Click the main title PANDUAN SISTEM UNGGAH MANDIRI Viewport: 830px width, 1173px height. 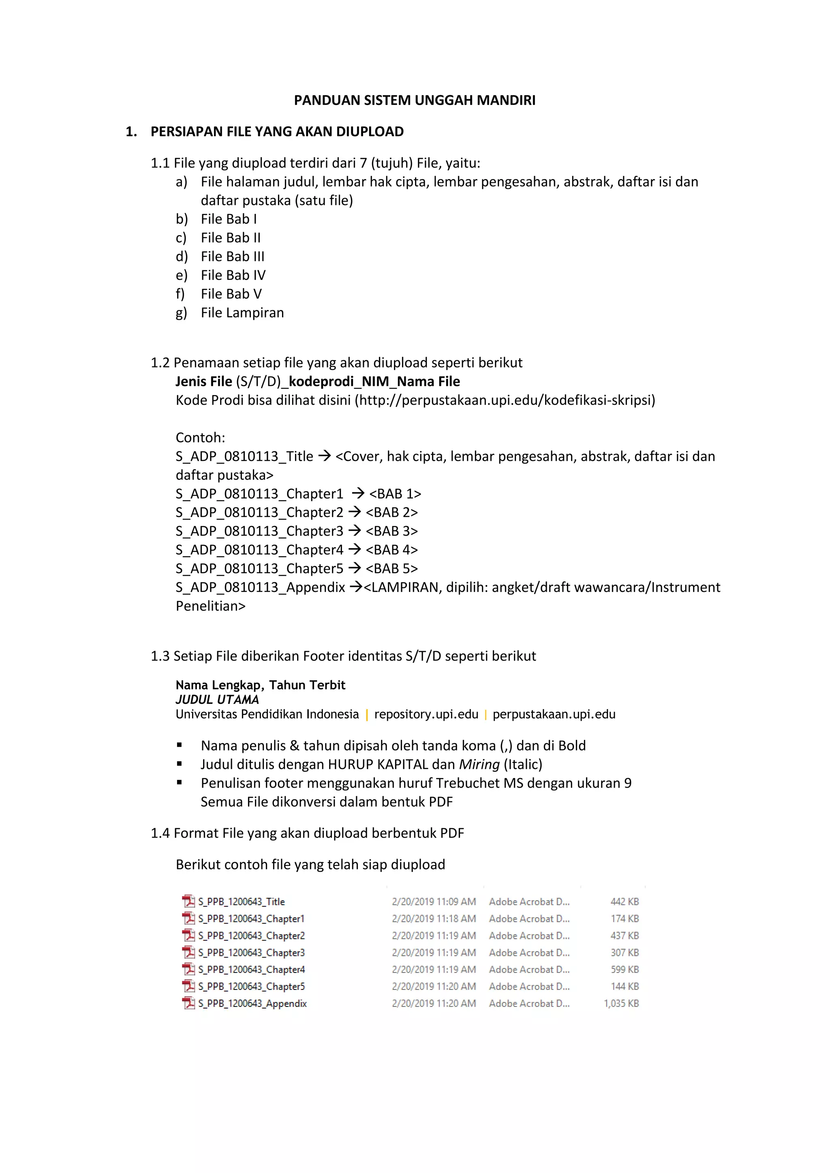(x=415, y=100)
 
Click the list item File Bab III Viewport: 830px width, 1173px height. (x=232, y=256)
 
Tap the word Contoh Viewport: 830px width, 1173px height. (x=200, y=438)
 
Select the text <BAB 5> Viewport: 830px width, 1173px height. (x=391, y=568)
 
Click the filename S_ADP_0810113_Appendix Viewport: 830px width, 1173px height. (x=260, y=588)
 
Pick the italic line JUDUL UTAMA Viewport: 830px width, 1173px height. (x=217, y=699)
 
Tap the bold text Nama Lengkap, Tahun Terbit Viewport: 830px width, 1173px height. (x=260, y=685)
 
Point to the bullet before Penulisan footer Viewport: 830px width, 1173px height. (x=180, y=783)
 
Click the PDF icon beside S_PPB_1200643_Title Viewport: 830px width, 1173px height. (x=188, y=901)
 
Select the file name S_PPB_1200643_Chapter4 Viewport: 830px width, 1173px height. (x=251, y=969)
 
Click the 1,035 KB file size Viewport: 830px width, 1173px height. (x=621, y=1003)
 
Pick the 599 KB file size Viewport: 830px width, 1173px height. (x=625, y=969)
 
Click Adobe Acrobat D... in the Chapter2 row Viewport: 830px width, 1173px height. (x=529, y=936)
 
